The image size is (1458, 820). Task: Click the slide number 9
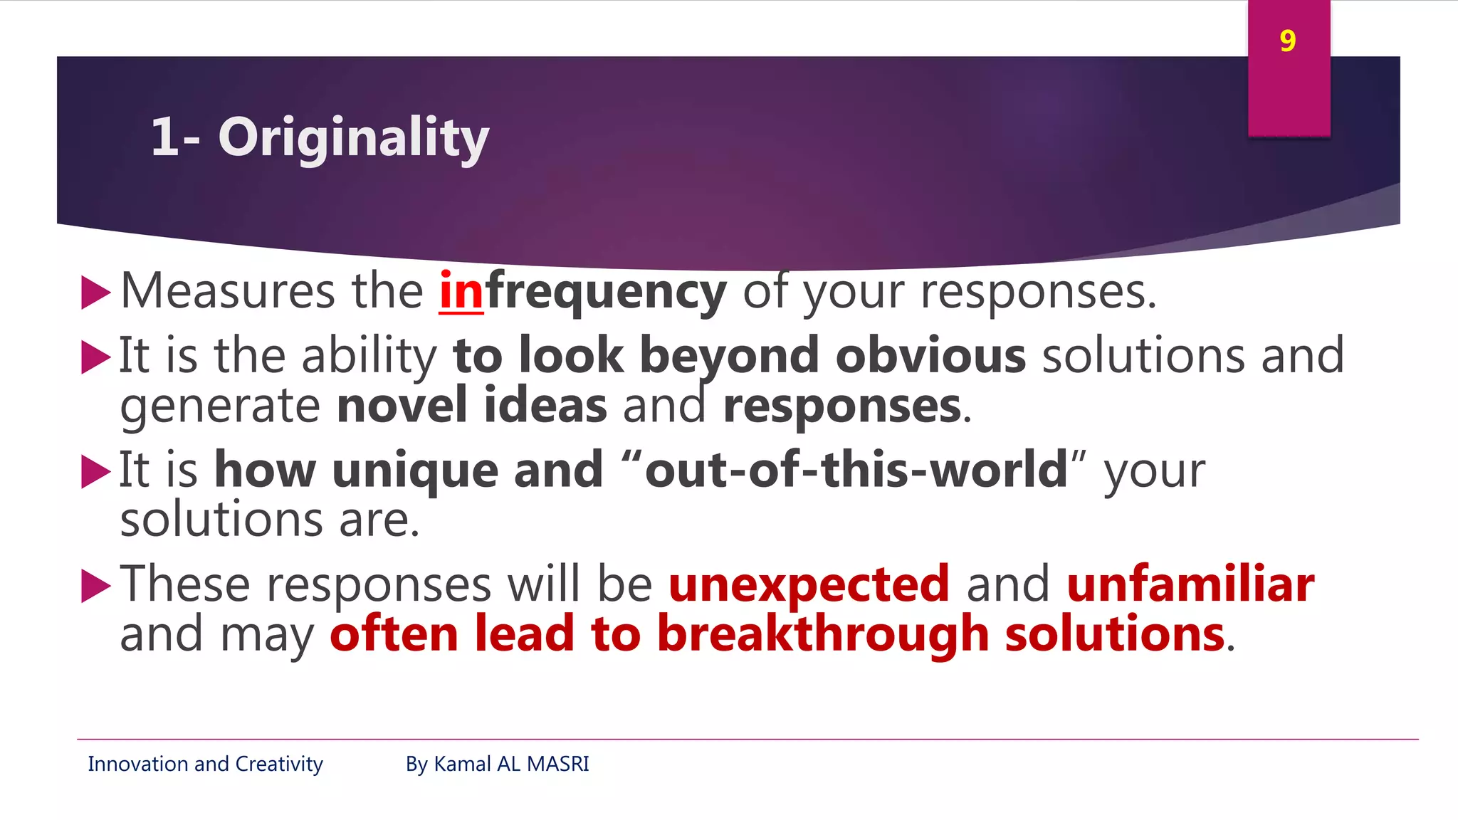coord(1287,41)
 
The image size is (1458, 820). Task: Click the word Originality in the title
coord(353,137)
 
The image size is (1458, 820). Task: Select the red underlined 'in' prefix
coord(461,292)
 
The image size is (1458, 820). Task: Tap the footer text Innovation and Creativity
coord(205,764)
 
